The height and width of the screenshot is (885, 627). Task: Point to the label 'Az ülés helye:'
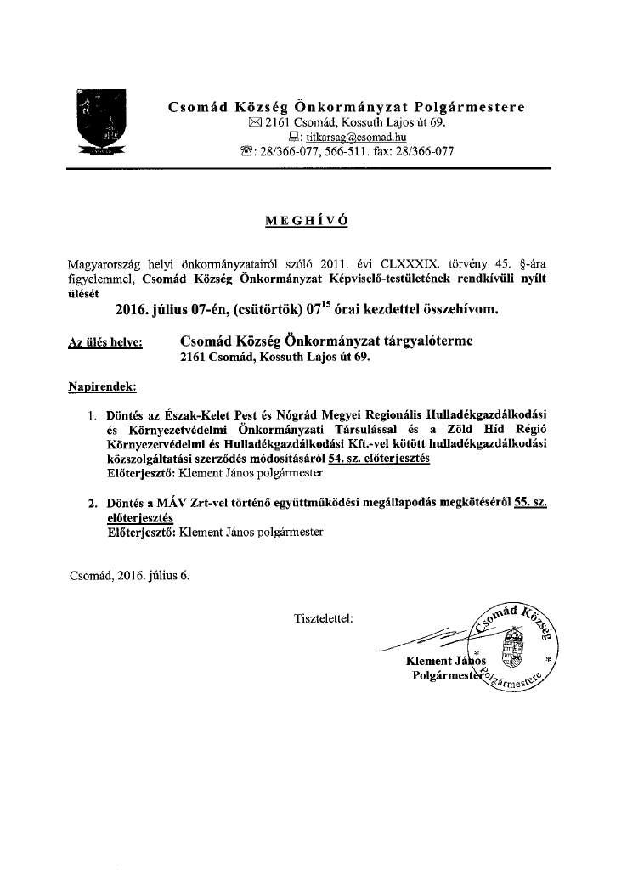pyautogui.click(x=104, y=342)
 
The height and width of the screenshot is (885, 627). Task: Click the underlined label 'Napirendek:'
pyautogui.click(x=102, y=387)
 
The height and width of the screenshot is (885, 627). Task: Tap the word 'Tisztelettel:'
pyautogui.click(x=322, y=617)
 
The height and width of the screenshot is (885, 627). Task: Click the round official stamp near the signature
pyautogui.click(x=512, y=646)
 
